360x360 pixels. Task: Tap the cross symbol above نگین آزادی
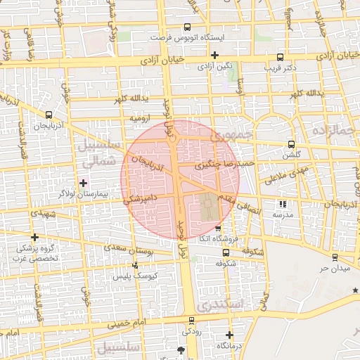coord(215,55)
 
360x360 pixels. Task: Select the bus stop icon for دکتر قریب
coord(281,58)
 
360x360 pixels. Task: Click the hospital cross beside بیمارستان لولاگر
coord(84,182)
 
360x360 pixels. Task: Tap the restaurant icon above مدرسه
coord(283,204)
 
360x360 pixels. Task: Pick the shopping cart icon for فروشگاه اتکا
coord(217,229)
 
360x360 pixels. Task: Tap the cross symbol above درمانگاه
coord(229,335)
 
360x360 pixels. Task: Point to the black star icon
coord(356,290)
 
